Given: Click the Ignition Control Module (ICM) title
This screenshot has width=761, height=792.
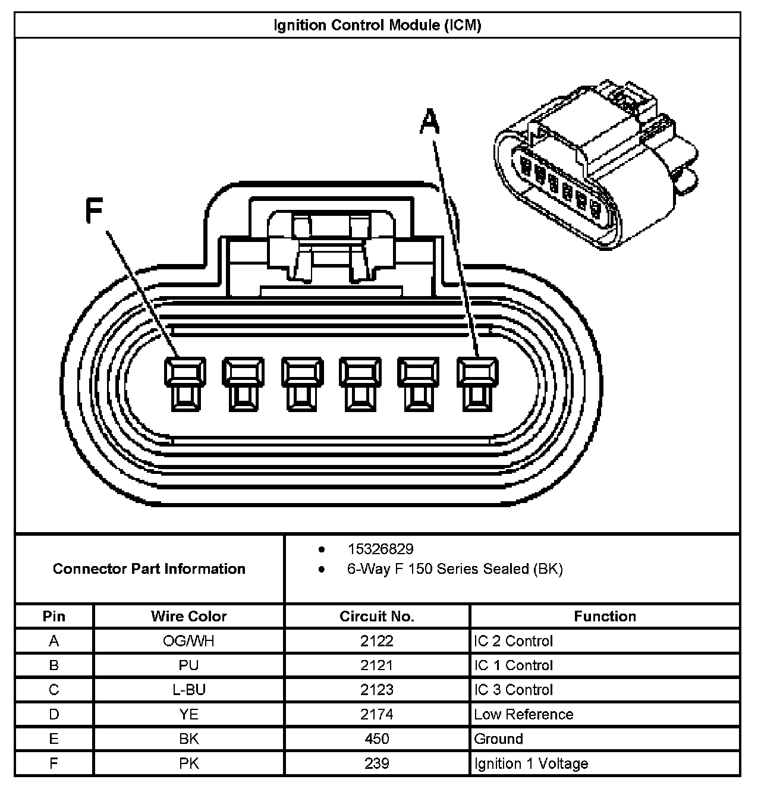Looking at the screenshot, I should click(x=377, y=26).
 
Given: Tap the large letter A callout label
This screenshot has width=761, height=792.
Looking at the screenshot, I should click(x=430, y=123).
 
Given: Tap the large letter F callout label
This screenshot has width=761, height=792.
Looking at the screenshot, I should click(x=95, y=210).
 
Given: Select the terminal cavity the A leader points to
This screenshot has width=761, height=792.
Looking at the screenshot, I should click(x=477, y=384).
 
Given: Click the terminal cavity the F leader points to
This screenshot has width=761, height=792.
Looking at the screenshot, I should click(x=185, y=384).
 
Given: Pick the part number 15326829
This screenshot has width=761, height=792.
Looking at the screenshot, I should click(x=380, y=549).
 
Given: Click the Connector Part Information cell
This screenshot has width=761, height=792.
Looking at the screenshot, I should click(x=149, y=569).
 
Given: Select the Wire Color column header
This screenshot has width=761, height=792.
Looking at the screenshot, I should click(x=188, y=617).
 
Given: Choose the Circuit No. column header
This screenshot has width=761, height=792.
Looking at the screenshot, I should click(x=377, y=617).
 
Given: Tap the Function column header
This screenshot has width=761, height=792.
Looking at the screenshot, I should click(x=605, y=617).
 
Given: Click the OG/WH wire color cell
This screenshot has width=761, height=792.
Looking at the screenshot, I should click(x=188, y=641).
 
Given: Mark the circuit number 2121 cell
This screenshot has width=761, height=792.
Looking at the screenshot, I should click(x=377, y=665).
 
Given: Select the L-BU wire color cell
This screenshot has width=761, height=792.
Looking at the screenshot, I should click(x=188, y=690).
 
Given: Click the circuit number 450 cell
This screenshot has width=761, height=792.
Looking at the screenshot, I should click(x=377, y=739).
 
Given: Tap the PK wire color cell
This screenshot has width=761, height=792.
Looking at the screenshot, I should click(x=188, y=763).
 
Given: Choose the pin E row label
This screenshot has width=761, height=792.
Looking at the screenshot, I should click(x=54, y=739).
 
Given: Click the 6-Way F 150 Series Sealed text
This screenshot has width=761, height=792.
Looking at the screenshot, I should click(x=455, y=569).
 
